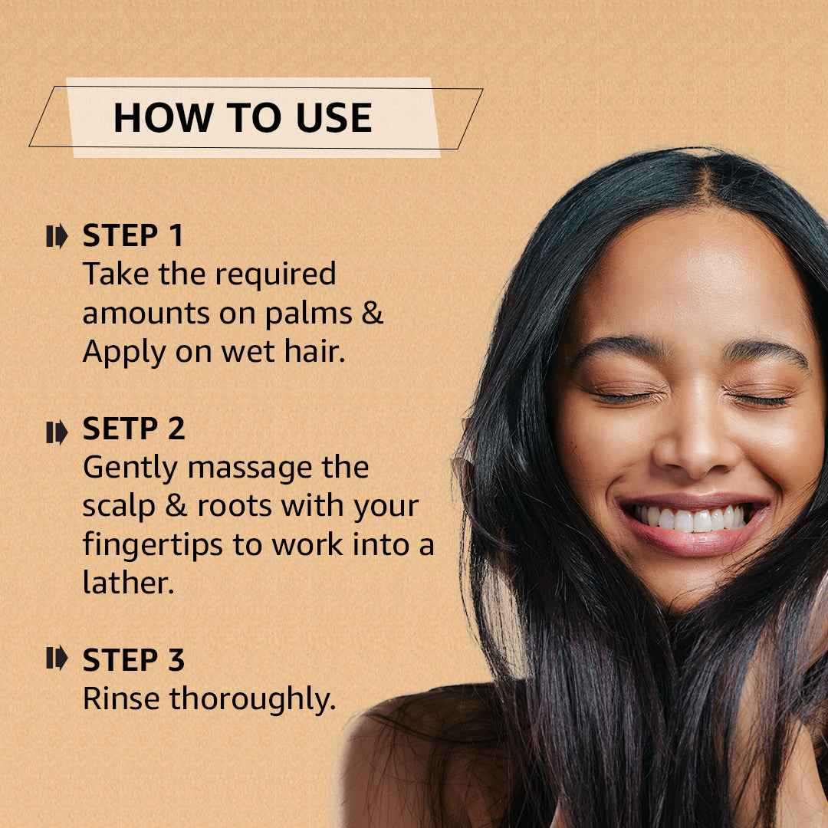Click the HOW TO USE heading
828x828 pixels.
[242, 118]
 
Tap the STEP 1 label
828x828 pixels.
[133, 236]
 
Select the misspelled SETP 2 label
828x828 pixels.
[133, 429]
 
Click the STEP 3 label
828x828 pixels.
[133, 660]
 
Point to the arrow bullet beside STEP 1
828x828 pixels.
[57, 237]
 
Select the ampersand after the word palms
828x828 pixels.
[373, 314]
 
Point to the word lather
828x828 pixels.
[128, 583]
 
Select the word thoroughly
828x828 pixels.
[252, 700]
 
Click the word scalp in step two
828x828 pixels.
[122, 507]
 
